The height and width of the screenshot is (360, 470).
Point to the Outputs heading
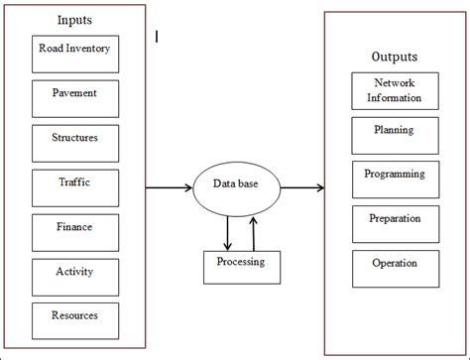click(395, 57)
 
